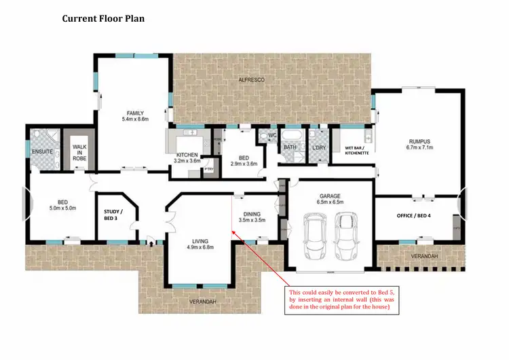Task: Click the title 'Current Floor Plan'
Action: (103, 18)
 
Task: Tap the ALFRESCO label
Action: (250, 80)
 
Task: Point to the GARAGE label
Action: (330, 196)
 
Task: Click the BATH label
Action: (290, 147)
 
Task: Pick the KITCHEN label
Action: (186, 155)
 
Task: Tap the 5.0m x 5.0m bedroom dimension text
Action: (62, 208)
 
